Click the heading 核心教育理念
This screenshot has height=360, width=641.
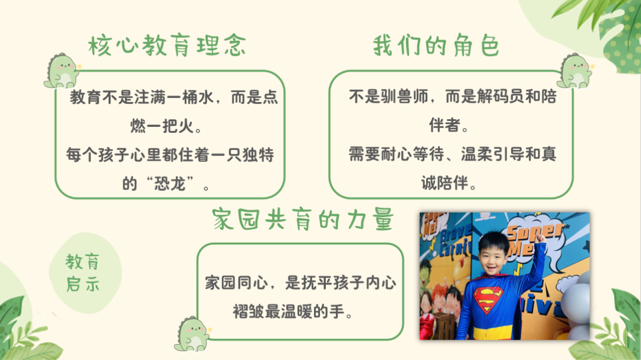coord(167,46)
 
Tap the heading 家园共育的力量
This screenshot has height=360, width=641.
coord(302,219)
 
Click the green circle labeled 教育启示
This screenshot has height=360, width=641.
coord(83,273)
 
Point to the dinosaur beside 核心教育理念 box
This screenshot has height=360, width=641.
coord(62,71)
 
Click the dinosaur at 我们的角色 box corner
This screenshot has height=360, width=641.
coord(574,71)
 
